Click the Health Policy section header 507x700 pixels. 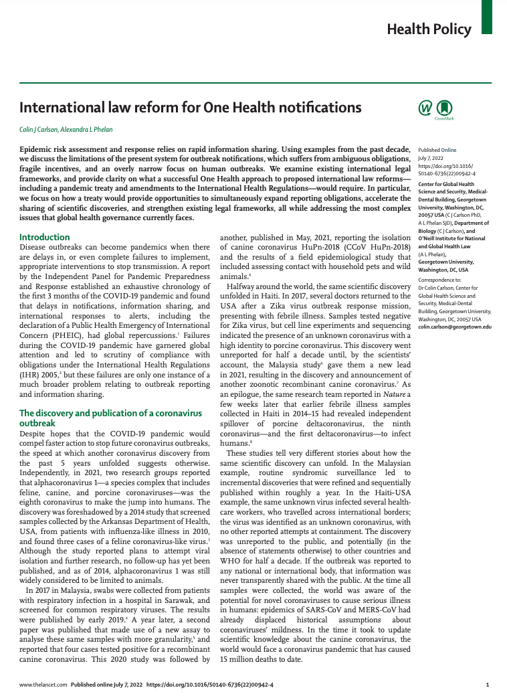[x=429, y=29]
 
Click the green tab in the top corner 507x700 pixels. [x=487, y=17]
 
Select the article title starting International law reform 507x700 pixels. [x=190, y=107]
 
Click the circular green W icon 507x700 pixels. [x=425, y=107]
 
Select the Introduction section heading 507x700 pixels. [x=44, y=237]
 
